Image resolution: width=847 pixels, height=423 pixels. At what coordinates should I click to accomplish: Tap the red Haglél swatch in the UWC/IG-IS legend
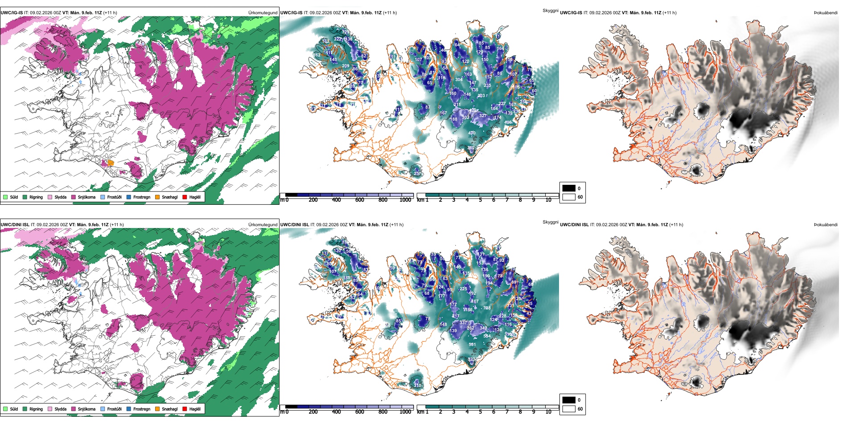click(x=185, y=197)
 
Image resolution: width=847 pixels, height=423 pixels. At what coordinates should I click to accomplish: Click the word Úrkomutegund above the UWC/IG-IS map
click(x=263, y=13)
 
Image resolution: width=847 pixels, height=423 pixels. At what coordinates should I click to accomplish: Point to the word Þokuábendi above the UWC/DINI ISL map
click(x=826, y=225)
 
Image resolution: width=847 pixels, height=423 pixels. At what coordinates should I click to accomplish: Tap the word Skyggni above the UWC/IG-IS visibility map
click(x=550, y=10)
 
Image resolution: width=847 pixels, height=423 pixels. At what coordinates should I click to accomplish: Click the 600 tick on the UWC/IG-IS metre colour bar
click(x=359, y=200)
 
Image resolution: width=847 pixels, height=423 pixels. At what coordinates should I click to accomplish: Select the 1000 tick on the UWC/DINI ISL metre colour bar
click(x=405, y=412)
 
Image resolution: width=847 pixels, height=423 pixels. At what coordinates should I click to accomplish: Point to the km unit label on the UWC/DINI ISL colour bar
click(x=420, y=412)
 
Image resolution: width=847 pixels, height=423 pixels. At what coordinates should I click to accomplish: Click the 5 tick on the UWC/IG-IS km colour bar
click(x=480, y=200)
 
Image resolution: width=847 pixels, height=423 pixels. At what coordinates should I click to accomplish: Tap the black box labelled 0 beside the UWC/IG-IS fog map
click(x=569, y=188)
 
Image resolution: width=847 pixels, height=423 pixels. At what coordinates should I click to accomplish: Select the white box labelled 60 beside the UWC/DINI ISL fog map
click(x=569, y=409)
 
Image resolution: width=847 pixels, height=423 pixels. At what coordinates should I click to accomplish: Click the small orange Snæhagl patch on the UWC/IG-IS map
click(x=111, y=163)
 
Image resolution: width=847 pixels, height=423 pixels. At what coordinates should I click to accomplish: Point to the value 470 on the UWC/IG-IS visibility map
click(x=472, y=133)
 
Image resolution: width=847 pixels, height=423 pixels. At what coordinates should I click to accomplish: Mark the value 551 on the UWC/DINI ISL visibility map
click(x=472, y=345)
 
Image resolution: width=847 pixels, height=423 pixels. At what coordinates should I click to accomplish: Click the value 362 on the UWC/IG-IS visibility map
click(x=471, y=148)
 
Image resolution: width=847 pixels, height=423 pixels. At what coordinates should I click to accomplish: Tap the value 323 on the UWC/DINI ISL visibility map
click(x=471, y=359)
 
